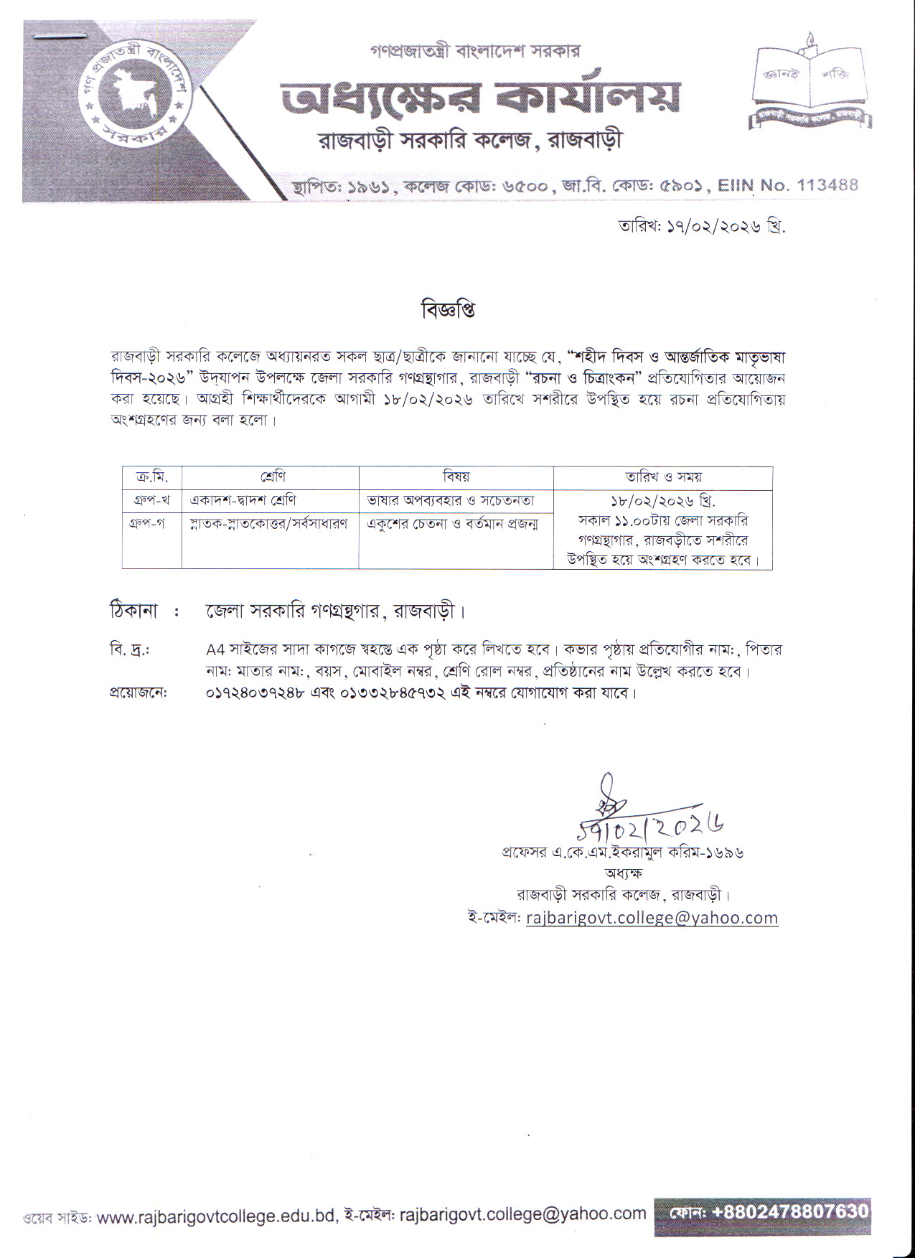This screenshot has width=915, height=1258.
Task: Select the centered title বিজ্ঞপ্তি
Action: pyautogui.click(x=448, y=310)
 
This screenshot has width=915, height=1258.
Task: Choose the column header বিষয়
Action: pyautogui.click(x=456, y=477)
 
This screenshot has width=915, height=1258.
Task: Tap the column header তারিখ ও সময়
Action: pyautogui.click(x=662, y=477)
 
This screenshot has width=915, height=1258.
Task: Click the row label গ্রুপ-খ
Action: pyautogui.click(x=151, y=500)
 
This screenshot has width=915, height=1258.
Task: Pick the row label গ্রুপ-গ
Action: pyautogui.click(x=151, y=523)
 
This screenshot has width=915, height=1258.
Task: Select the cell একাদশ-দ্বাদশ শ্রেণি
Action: pyautogui.click(x=243, y=500)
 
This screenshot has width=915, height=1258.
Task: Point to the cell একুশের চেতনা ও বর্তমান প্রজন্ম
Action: pyautogui.click(x=453, y=524)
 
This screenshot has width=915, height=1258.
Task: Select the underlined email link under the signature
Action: pyautogui.click(x=652, y=918)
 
